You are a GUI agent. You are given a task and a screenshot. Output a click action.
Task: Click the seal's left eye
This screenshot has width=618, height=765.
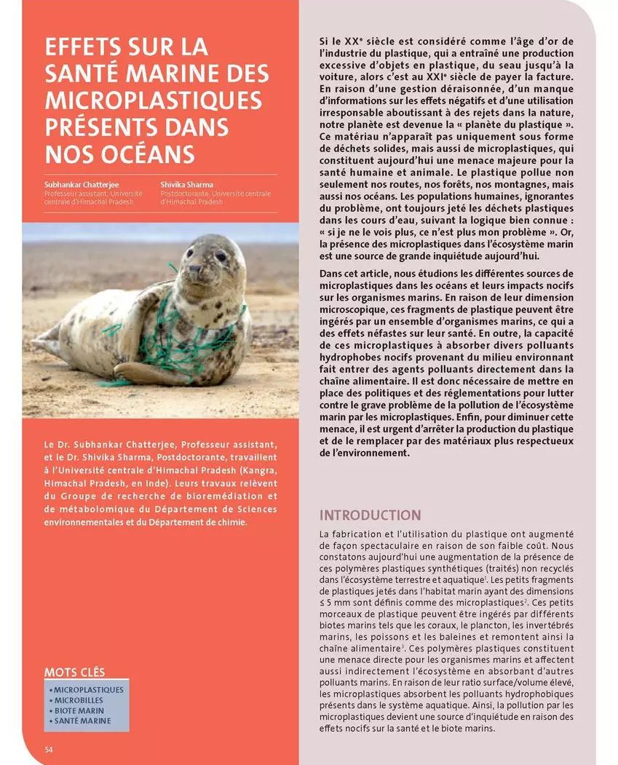click(219, 256)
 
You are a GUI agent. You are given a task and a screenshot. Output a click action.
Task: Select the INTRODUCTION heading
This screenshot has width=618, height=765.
click(370, 515)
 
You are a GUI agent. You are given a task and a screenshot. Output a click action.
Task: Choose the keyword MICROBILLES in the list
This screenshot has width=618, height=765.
click(79, 700)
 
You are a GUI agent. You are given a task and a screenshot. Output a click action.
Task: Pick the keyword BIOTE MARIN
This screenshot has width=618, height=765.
click(79, 710)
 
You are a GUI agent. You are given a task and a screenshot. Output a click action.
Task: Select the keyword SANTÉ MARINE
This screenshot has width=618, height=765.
click(83, 721)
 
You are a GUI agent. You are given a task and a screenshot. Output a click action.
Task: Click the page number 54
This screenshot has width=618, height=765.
click(49, 749)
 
